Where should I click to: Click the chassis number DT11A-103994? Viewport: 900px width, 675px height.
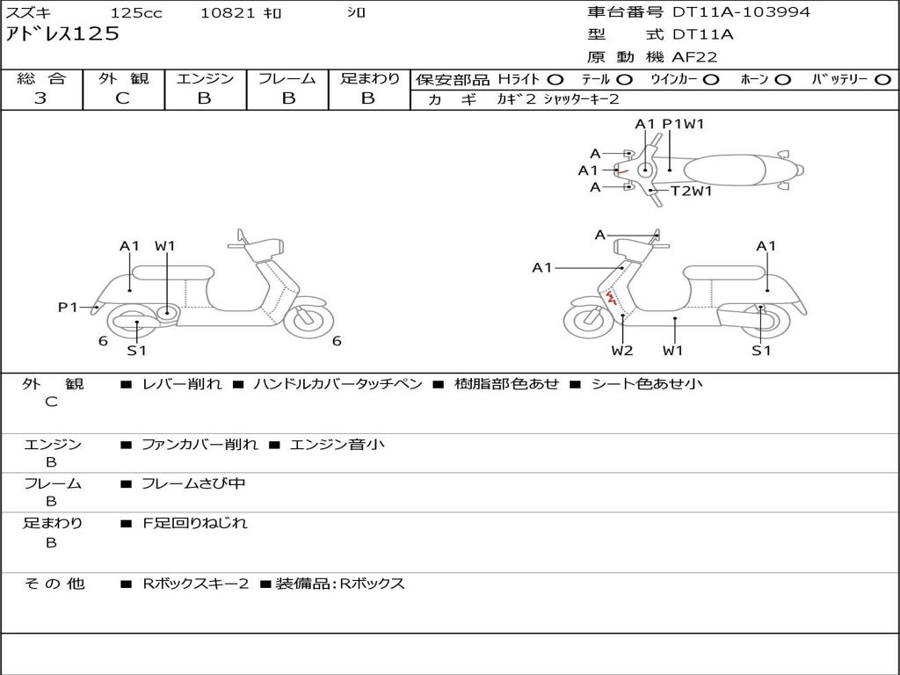(x=741, y=12)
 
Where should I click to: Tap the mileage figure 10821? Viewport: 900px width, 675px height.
(x=228, y=13)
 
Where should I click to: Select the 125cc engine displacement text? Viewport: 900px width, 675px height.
(x=135, y=13)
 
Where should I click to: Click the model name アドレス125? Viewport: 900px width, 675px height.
(x=62, y=35)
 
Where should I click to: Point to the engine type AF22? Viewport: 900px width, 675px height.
(x=694, y=57)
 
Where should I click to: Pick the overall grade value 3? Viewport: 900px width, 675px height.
(x=40, y=98)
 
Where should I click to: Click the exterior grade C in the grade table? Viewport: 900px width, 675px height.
(x=122, y=98)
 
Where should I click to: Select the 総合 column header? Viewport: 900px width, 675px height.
(x=40, y=78)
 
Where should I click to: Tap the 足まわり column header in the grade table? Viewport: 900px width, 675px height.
(x=369, y=78)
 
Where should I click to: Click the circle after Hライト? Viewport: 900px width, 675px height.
(x=556, y=79)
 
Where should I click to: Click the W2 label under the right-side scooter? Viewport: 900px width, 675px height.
(x=622, y=351)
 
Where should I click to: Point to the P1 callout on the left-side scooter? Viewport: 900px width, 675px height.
(x=68, y=307)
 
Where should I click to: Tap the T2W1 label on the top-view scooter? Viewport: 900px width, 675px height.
(x=691, y=190)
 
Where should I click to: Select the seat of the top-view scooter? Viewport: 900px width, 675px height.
(x=729, y=169)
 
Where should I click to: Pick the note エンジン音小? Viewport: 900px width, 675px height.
(x=337, y=445)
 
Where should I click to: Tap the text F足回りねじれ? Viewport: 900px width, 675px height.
(x=195, y=523)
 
